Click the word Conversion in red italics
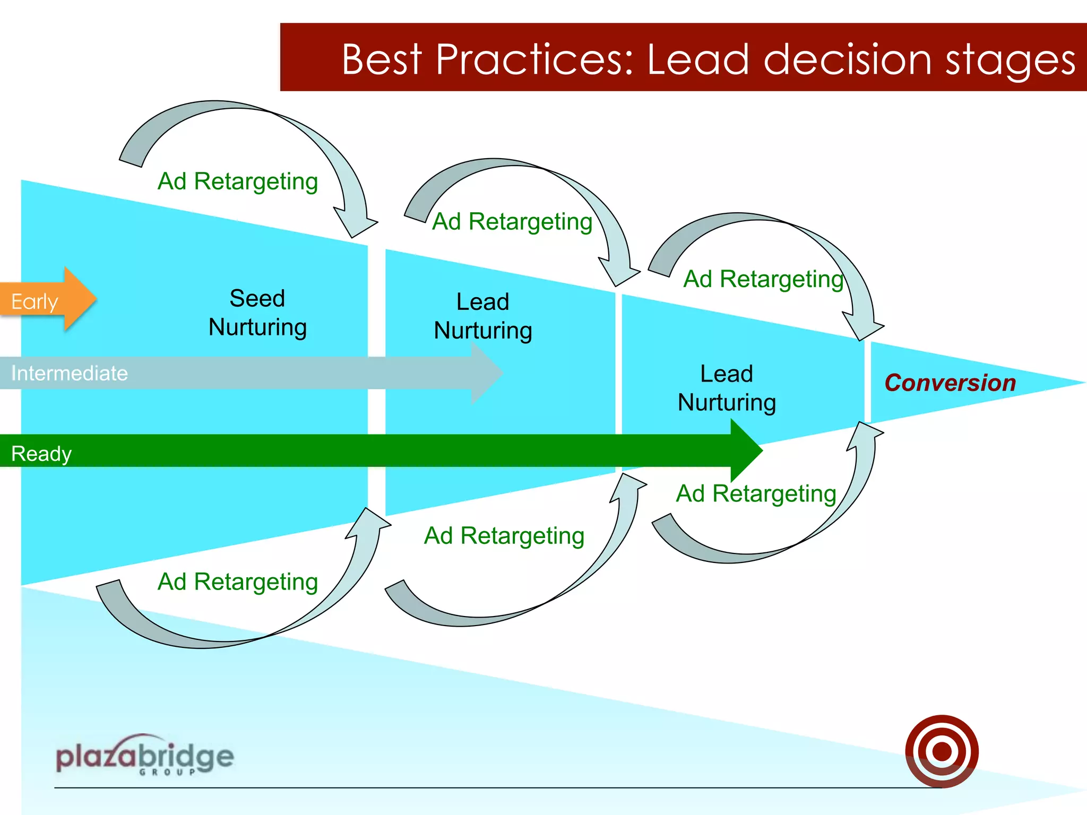(950, 383)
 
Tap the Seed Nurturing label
(257, 313)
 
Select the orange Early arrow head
(80, 299)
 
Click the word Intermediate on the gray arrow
(70, 374)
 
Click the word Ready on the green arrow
(41, 454)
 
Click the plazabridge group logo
(144, 756)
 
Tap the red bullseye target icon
(942, 751)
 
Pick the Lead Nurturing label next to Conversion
(727, 388)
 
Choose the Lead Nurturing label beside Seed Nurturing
(482, 316)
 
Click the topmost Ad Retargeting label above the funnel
(238, 181)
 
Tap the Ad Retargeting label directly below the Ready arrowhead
(756, 494)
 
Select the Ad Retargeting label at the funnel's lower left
(238, 582)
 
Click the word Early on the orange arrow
(34, 302)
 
